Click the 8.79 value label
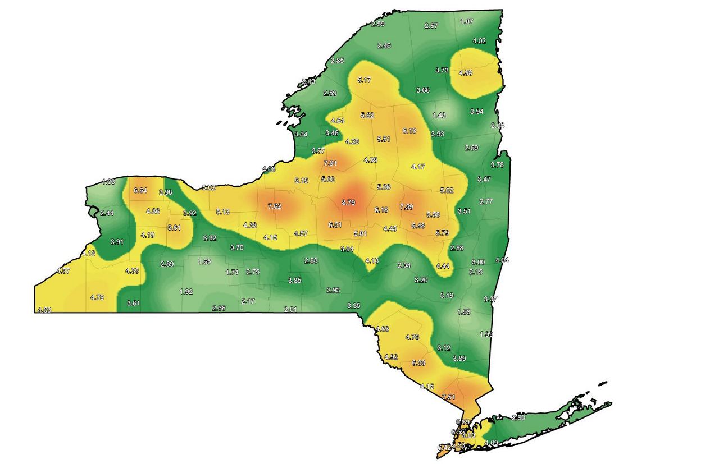tap(348, 203)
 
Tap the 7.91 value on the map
tap(330, 163)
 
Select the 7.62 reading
tap(275, 206)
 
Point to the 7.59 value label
tap(406, 207)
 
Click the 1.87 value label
tap(467, 21)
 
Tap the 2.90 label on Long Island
tap(518, 417)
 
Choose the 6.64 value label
tap(140, 191)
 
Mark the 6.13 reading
tap(410, 131)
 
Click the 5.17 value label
tap(364, 80)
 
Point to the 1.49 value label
tap(439, 116)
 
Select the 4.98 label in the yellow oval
tap(466, 73)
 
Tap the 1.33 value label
tap(108, 181)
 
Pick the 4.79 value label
tap(97, 297)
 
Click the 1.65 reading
tap(204, 261)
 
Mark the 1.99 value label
tap(486, 334)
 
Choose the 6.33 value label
tap(418, 363)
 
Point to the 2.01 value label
tap(290, 309)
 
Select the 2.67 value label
tap(431, 26)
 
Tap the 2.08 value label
tap(498, 126)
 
